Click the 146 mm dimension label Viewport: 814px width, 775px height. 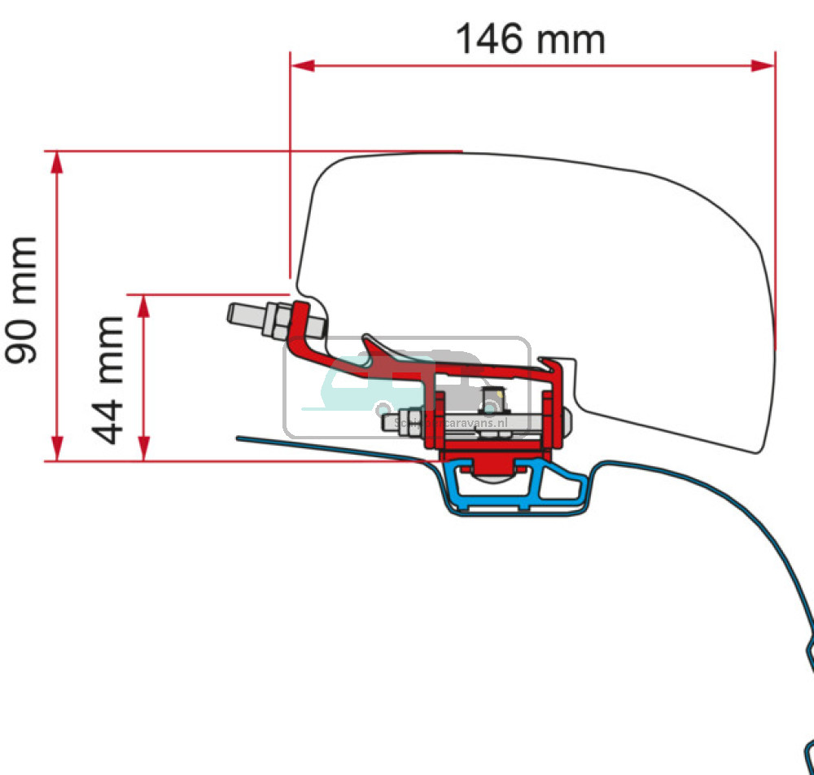click(530, 39)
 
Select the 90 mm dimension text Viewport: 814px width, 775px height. click(22, 299)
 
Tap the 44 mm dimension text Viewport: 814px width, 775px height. click(108, 380)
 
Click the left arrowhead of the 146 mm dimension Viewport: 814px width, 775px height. click(301, 65)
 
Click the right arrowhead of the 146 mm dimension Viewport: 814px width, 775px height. click(764, 65)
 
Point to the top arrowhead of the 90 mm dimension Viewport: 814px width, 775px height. click(56, 161)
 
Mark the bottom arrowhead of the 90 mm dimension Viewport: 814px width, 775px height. click(56, 449)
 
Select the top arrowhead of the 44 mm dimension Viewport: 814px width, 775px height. click(144, 305)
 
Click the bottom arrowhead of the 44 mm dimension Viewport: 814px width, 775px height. click(144, 449)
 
